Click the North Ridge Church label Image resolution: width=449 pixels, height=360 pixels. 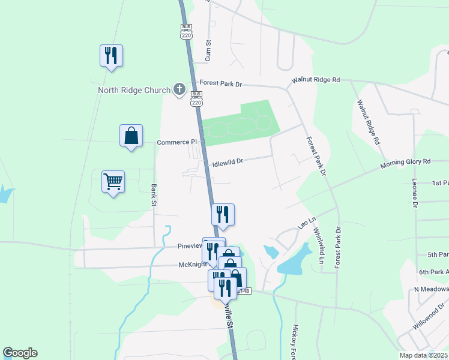134,91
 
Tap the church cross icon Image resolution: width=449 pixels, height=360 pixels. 179,90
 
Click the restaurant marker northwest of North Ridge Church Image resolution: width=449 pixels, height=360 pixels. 111,56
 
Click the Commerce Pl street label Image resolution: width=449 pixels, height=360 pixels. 176,142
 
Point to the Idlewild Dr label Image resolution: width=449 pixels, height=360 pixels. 228,161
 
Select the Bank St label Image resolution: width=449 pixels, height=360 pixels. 154,195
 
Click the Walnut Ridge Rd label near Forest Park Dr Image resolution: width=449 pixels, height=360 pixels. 316,80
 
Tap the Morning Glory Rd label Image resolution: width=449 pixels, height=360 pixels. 406,163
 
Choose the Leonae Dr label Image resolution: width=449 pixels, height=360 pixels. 414,193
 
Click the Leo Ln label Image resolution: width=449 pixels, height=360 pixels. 307,223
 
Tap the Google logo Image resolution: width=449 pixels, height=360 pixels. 20,353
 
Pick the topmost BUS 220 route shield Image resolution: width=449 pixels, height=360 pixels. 185,32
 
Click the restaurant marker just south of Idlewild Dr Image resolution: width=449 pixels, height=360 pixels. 223,215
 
